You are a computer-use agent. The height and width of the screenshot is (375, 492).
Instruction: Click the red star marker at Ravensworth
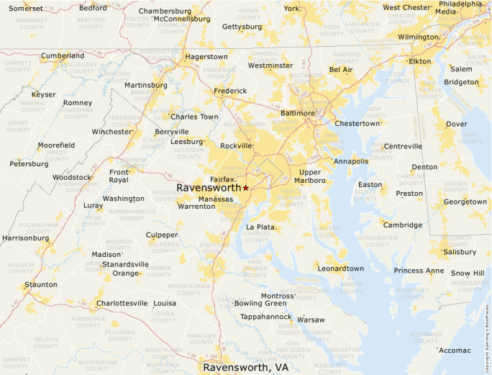point(245,188)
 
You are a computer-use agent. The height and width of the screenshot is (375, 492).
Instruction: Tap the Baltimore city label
point(297,113)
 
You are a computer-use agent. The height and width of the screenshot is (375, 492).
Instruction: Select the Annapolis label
point(351,161)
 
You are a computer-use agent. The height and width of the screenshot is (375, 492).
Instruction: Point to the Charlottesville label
point(122,303)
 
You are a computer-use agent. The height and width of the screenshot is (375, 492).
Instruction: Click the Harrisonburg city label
point(25,238)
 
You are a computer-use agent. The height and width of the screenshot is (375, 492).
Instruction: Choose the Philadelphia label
point(460,4)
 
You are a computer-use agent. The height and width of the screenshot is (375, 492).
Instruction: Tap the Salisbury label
point(460,252)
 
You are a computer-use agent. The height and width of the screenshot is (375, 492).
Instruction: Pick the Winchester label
point(112,132)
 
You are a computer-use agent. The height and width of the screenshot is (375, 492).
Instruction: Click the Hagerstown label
point(206,56)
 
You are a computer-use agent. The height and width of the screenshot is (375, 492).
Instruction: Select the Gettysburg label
point(242,27)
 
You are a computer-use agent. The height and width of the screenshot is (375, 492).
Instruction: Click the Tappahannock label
point(265,317)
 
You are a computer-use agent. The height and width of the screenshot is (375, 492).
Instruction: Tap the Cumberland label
point(63,55)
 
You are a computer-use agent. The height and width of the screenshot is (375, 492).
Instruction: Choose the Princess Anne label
point(419,271)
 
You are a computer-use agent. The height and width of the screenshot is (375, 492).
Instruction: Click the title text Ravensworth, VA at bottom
point(245,367)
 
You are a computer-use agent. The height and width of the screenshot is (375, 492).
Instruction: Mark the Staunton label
point(40,285)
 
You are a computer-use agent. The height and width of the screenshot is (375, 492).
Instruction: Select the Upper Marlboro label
point(310,176)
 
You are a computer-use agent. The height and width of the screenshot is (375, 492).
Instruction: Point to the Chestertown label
point(357,123)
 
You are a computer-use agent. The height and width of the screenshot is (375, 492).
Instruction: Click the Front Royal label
point(118,176)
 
